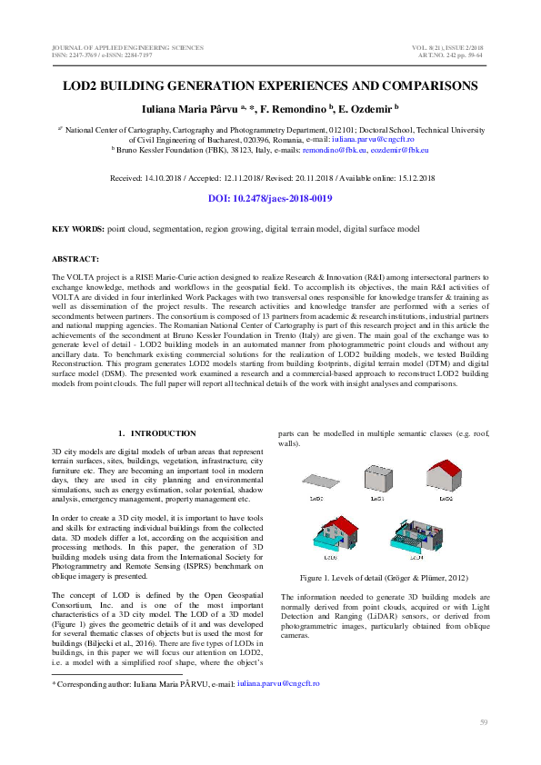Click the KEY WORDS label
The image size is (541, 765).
(77, 229)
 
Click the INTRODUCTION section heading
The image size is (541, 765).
(163, 433)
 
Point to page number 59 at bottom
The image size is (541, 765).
(484, 722)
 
